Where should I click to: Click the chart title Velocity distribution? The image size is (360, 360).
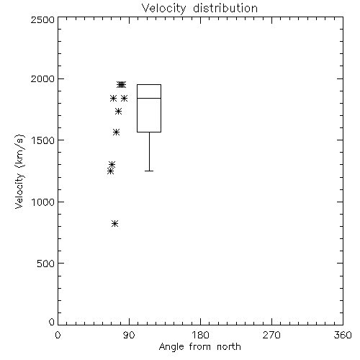(199, 9)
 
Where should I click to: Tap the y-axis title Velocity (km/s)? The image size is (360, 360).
(19, 171)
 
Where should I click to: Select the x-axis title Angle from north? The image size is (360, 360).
(199, 346)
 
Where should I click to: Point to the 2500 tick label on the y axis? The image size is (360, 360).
(42, 19)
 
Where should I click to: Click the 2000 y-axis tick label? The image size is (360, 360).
(42, 78)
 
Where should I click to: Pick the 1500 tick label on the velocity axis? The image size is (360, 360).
(43, 140)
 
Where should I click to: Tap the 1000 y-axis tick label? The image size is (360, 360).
(43, 202)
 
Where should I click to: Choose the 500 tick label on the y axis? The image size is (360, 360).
(46, 264)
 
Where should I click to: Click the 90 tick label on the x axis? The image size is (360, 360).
(129, 335)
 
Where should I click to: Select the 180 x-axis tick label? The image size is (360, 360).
(200, 335)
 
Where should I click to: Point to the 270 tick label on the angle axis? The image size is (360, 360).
(271, 335)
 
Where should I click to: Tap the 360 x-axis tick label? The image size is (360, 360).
(343, 335)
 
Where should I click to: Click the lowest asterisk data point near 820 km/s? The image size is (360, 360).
(114, 224)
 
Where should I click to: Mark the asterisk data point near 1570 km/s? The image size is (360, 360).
(117, 132)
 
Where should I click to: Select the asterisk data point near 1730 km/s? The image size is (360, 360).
(118, 112)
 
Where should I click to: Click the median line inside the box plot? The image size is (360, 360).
(149, 98)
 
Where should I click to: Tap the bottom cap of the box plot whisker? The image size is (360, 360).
(149, 171)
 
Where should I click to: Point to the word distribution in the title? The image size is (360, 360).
(225, 9)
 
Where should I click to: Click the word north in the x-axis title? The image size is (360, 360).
(229, 346)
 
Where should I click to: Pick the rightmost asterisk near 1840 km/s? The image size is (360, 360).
(124, 98)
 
